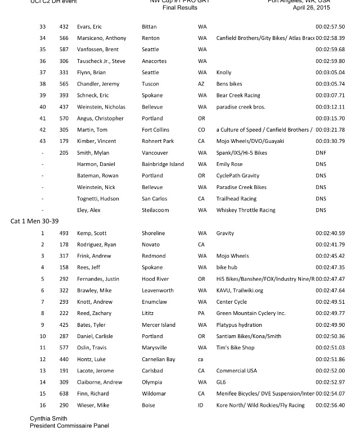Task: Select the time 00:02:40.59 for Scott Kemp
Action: pos(330,233)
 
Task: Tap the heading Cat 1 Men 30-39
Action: pos(34,221)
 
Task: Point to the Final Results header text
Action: pos(176,8)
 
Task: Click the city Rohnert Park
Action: pos(159,141)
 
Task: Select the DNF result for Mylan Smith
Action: pos(321,152)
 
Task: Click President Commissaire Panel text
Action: pos(69,426)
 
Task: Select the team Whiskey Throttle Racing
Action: pos(246,210)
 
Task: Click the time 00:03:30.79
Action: pos(330,141)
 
